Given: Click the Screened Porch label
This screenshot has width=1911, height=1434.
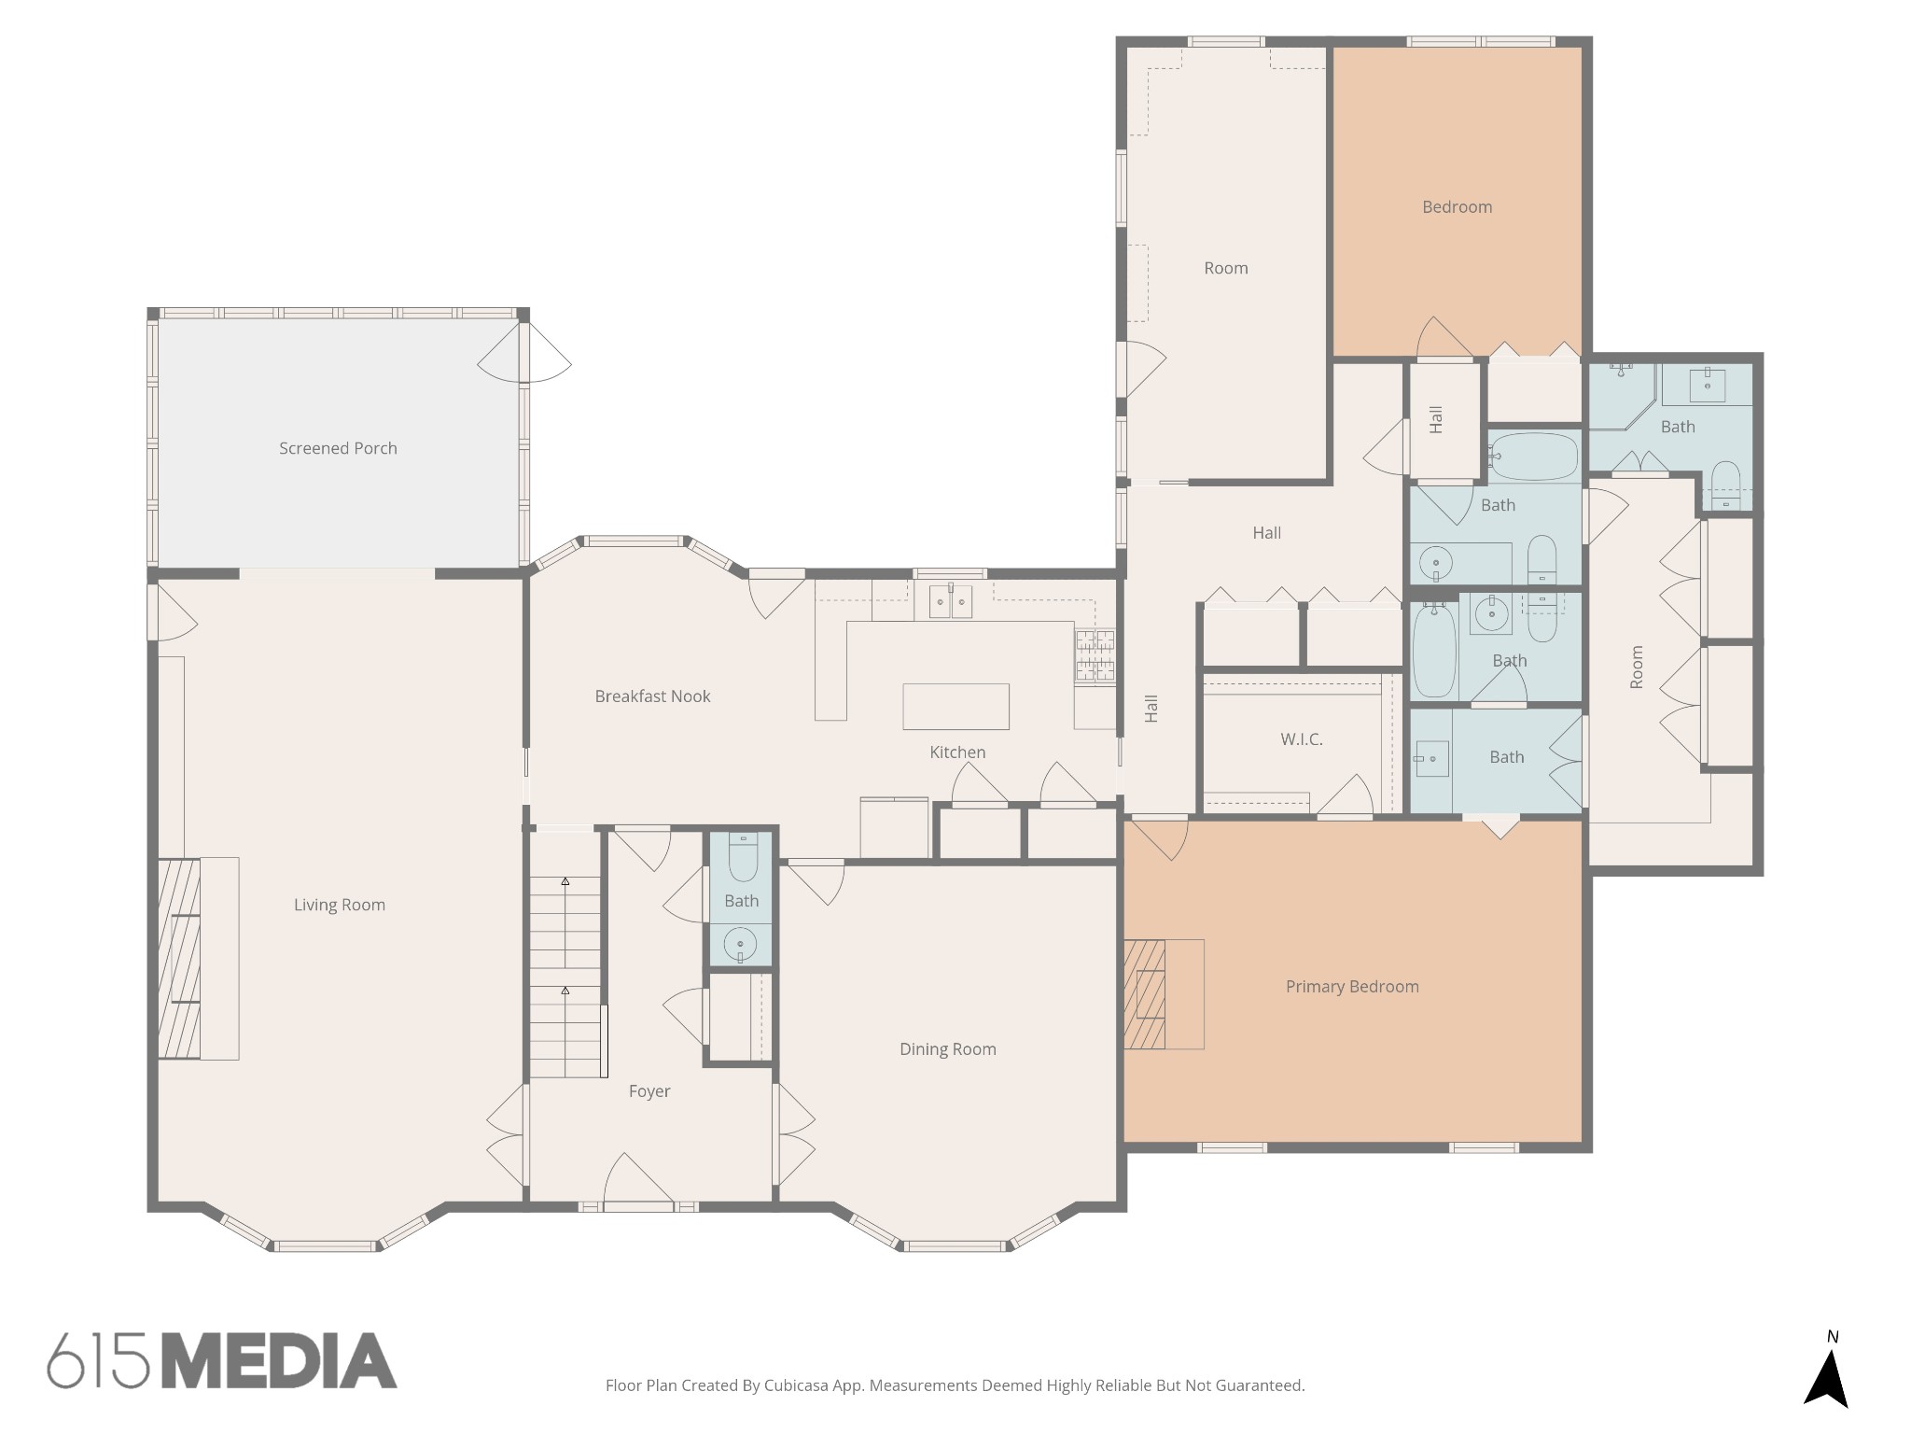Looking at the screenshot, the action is tap(338, 448).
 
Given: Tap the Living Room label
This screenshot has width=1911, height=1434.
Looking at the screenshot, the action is tap(339, 905).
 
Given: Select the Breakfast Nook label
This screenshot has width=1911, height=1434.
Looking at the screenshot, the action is tap(652, 696).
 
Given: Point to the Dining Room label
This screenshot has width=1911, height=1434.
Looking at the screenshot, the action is tap(947, 1049).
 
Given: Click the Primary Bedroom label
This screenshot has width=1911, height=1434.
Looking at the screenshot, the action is tap(1352, 987).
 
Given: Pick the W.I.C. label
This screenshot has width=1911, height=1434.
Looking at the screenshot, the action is tap(1302, 739).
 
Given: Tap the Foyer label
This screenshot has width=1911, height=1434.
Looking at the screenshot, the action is tap(649, 1091).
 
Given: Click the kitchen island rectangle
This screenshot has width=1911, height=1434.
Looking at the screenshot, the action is tap(955, 706).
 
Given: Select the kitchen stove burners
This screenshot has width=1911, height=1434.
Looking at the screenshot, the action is tap(1095, 654).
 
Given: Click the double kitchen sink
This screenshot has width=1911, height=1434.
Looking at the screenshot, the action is tap(951, 602).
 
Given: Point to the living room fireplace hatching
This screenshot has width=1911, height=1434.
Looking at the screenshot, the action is tap(178, 958).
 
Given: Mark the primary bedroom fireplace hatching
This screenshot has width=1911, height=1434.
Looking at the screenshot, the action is tap(1145, 994).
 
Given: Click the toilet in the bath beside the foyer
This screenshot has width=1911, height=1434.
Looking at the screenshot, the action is tap(743, 858).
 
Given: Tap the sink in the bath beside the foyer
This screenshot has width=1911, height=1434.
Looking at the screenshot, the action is tap(741, 944).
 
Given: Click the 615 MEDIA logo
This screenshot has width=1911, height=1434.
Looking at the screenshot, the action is tap(222, 1360).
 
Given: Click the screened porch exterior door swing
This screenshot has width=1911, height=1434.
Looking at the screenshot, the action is tap(525, 352).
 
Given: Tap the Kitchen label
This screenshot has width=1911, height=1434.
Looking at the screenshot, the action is tap(957, 752).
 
